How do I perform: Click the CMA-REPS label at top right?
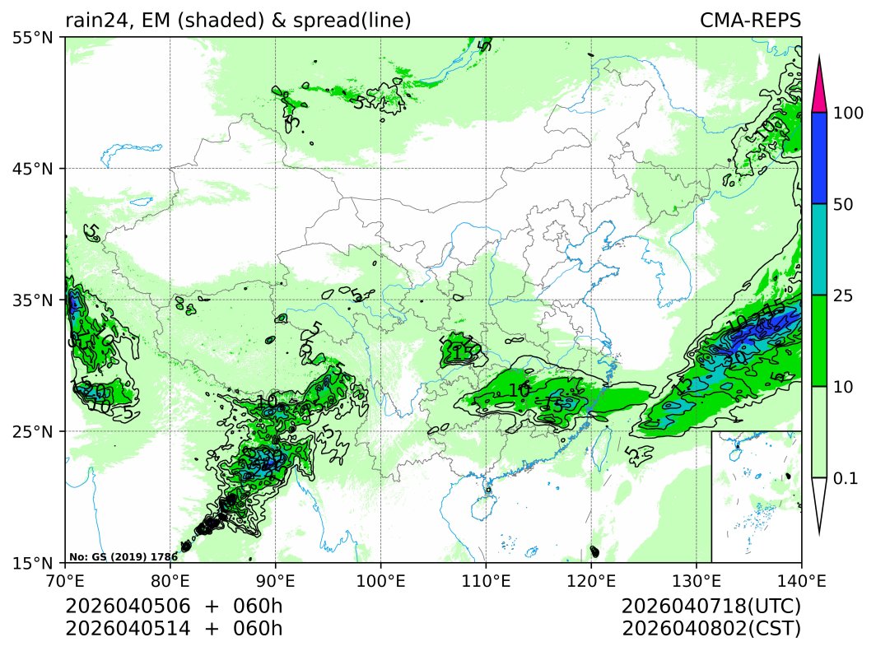point(750,21)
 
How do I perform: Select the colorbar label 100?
point(847,114)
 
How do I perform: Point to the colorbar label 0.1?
point(846,478)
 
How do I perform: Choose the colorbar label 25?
point(843,295)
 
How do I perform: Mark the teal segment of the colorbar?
point(818,249)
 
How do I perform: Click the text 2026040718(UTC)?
point(711,607)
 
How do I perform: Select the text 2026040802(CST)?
point(711,629)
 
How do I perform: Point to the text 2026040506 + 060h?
point(174,607)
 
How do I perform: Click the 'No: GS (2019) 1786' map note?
point(123,557)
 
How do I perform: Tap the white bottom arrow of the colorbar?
point(818,502)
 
